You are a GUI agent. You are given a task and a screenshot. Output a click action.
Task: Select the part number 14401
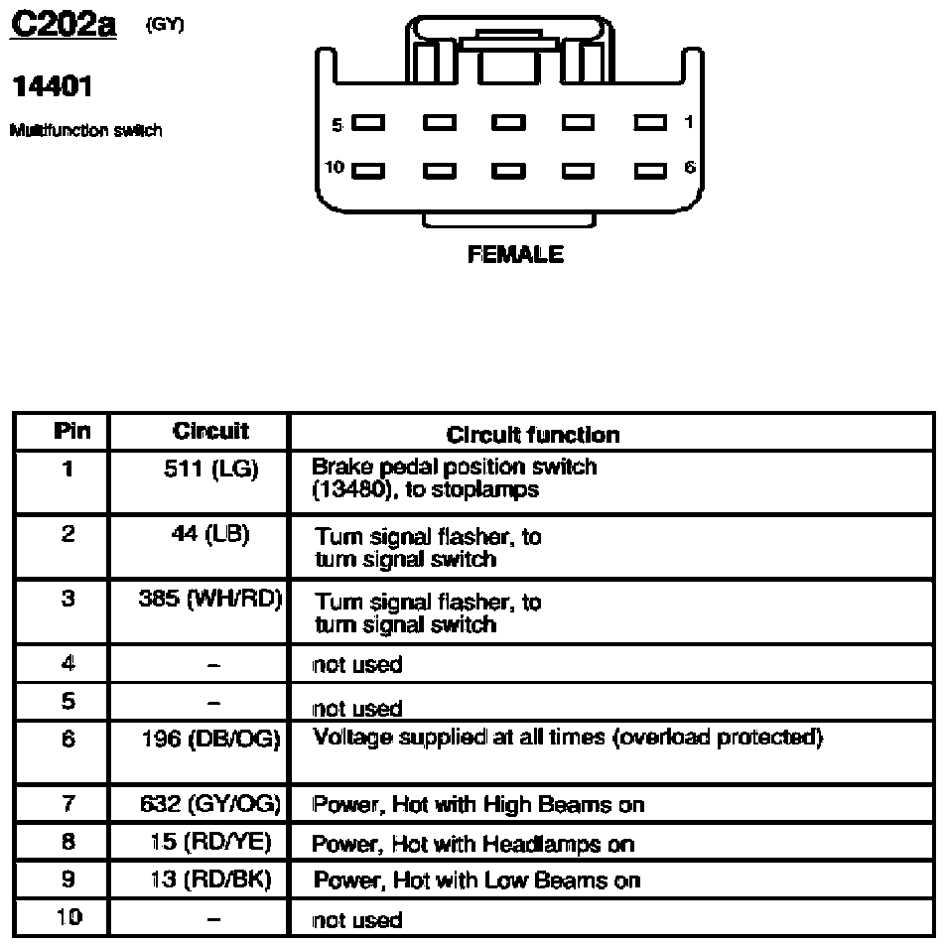52,88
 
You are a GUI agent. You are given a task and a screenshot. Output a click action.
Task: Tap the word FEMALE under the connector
515,255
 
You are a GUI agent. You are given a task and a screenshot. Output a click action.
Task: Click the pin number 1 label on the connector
689,123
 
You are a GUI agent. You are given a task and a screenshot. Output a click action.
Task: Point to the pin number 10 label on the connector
336,168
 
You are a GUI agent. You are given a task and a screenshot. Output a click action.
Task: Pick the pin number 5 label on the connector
337,124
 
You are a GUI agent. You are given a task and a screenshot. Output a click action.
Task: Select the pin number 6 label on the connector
689,168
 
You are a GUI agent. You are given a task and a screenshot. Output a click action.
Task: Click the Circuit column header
210,431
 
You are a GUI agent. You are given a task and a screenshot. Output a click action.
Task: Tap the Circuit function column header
533,434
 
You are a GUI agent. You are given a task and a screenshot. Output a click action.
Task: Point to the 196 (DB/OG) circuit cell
210,739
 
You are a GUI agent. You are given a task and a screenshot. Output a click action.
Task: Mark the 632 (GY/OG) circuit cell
210,804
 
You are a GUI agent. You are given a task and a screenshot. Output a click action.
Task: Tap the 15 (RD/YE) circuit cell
210,843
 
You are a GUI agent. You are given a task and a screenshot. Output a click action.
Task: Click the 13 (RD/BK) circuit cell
210,879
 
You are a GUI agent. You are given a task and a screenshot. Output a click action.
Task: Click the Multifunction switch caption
85,130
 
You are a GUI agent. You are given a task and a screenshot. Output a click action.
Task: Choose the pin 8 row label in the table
67,843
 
